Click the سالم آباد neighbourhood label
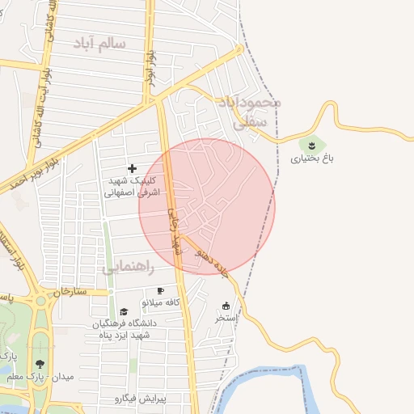coord(100,43)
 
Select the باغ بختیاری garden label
coord(312,158)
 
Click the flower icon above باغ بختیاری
coord(312,145)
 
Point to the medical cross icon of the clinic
coord(133,167)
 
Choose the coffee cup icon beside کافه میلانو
coord(160,290)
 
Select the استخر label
coord(226,319)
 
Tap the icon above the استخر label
coord(226,306)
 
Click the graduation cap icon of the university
coord(124,311)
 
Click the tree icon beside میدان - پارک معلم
coord(40,364)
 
